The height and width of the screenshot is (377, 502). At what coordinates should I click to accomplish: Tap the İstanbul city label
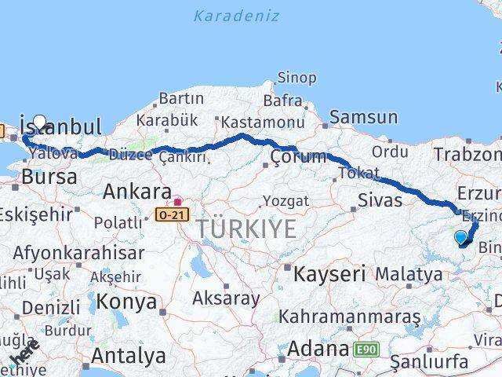[x=61, y=126]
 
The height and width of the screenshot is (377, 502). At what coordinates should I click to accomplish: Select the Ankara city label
[x=137, y=192]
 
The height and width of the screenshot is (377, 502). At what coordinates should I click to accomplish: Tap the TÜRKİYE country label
[x=246, y=229]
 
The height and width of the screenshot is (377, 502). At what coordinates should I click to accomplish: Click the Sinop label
[x=296, y=78]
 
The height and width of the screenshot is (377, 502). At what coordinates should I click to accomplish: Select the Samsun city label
[x=363, y=117]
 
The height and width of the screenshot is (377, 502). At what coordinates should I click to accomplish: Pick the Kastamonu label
[x=262, y=123]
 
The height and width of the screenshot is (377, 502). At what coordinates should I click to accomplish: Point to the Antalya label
[x=129, y=356]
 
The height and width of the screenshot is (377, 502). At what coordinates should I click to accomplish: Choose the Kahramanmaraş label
[x=340, y=317]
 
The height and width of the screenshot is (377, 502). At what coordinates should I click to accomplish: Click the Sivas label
[x=380, y=199]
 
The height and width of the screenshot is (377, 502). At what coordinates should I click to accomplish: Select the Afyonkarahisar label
[x=78, y=253]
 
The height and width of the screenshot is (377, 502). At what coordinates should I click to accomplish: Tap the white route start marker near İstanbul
[x=40, y=123]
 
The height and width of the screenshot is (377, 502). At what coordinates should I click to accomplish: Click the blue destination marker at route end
[x=460, y=237]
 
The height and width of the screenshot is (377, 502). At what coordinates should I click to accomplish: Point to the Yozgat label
[x=286, y=200]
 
